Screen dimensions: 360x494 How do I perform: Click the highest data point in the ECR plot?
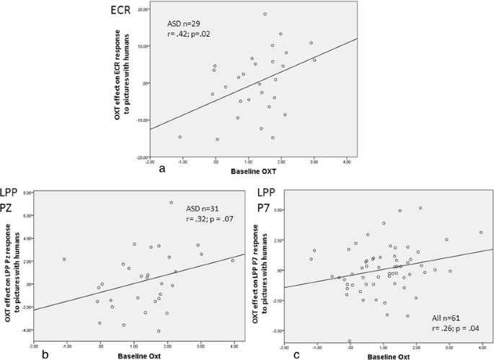pos(265,14)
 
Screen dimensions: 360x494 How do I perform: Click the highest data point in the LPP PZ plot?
pos(171,203)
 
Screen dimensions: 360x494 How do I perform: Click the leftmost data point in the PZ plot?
pos(64,259)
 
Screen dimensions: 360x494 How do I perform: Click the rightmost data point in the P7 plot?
pos(480,232)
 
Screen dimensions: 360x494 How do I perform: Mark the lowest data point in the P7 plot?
pos(350,341)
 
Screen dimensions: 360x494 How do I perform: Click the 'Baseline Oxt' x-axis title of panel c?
pos(388,355)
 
